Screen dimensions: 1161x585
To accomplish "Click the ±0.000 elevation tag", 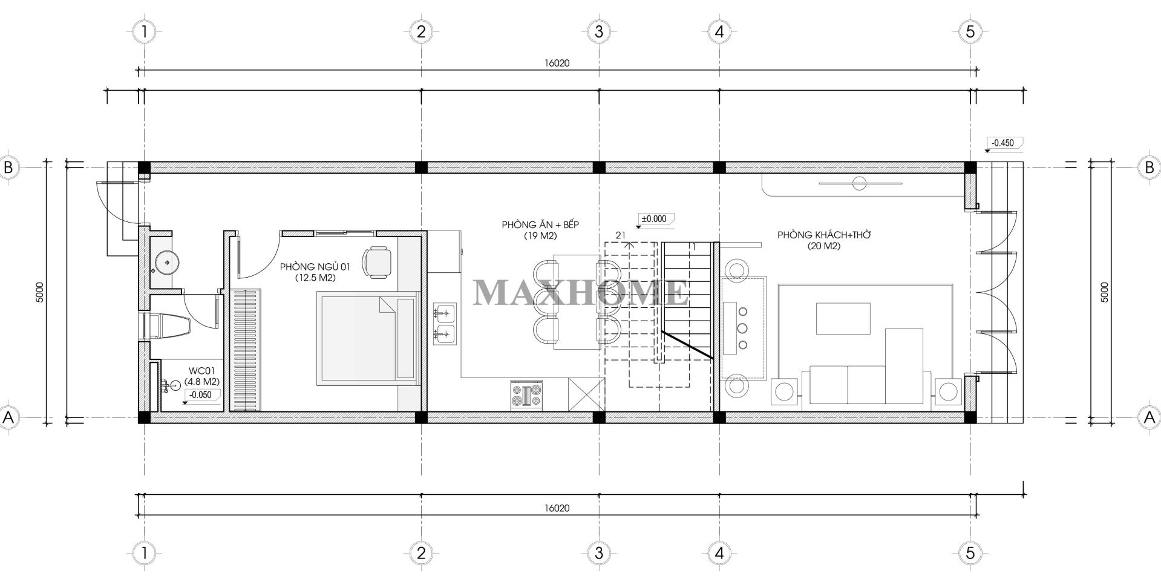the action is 654,218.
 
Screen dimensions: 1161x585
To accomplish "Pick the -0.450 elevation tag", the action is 1003,143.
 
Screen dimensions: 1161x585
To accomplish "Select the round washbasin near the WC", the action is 165,262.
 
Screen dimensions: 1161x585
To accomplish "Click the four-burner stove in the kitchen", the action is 526,396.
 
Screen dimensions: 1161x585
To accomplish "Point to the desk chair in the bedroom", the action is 376,263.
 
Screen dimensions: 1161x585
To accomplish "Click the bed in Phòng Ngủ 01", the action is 367,338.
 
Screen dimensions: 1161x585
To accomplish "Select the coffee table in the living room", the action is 843,318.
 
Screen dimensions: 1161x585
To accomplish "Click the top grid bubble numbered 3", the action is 598,31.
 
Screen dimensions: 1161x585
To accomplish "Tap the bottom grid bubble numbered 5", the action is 970,552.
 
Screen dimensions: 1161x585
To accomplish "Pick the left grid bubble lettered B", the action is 8,167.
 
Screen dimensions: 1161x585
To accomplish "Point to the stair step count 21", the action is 620,235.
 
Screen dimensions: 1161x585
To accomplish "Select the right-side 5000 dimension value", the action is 1105,292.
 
